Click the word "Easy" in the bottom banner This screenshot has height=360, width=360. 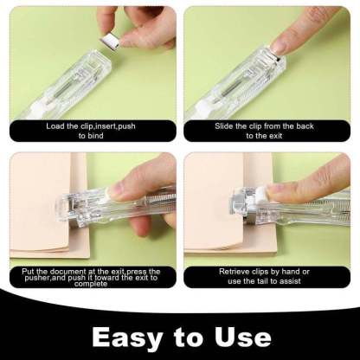128,337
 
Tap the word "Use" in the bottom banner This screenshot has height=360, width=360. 240,337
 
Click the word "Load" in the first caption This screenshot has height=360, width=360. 56,125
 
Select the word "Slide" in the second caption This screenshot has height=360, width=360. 227,125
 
